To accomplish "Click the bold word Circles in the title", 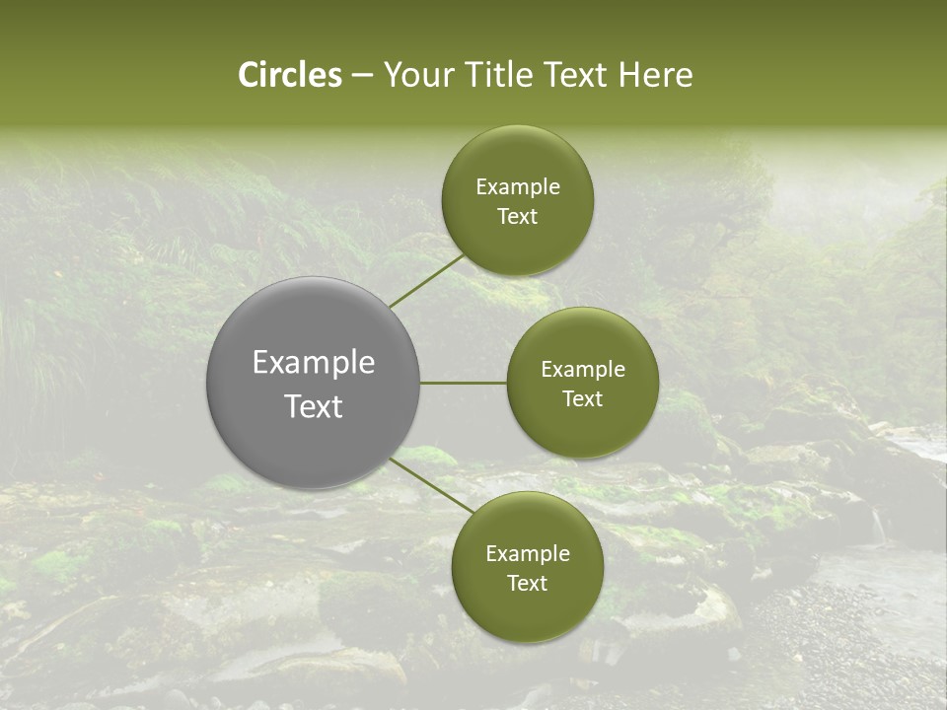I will click(x=290, y=75).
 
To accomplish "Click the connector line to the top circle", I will click(x=427, y=280).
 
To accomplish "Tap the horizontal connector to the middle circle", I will click(x=464, y=383).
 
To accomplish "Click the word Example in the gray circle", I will click(x=313, y=363).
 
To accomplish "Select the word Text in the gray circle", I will click(x=313, y=406).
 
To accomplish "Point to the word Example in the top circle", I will click(x=518, y=187).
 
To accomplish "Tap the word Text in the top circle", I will click(x=517, y=217).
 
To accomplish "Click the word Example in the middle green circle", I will click(x=583, y=370).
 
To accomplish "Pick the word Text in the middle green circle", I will click(x=582, y=399).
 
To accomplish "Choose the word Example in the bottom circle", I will click(x=528, y=554).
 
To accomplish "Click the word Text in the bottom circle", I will click(x=527, y=584).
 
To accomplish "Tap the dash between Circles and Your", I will click(x=362, y=76).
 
